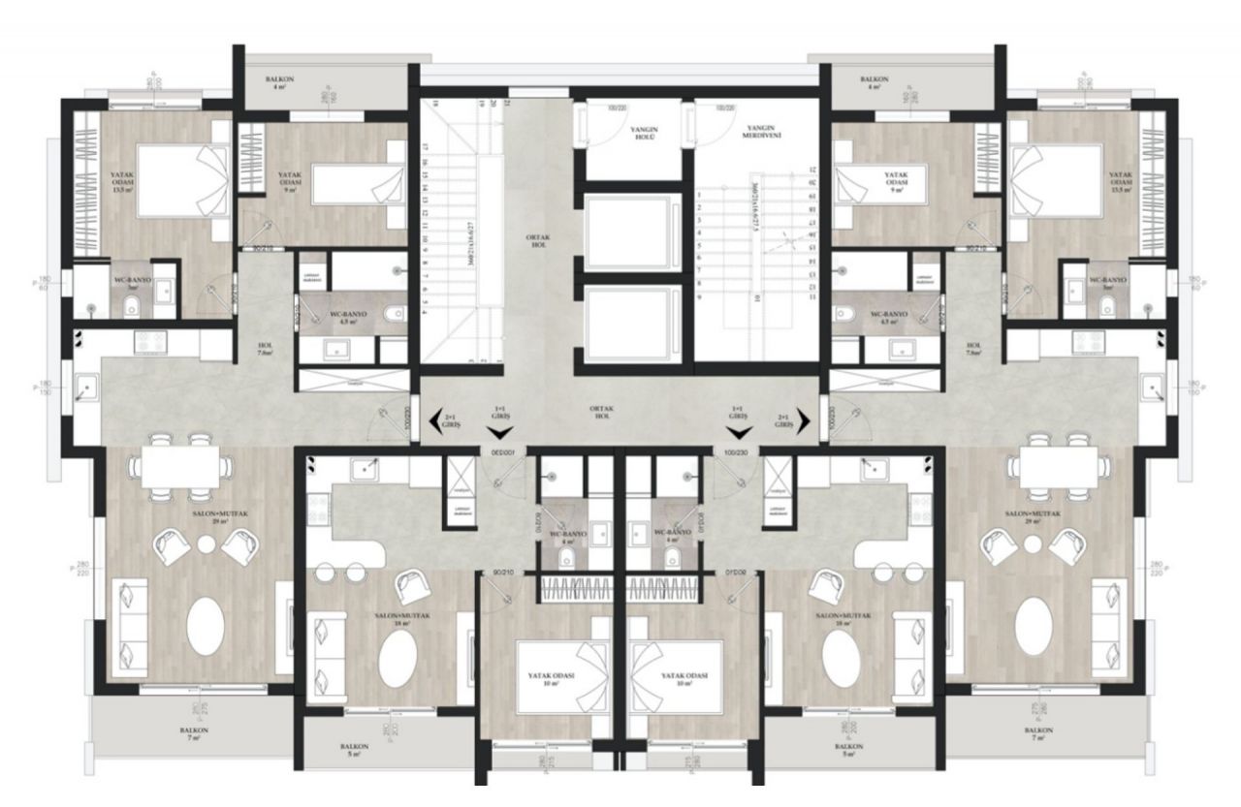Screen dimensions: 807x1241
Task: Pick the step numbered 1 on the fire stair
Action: point(699,195)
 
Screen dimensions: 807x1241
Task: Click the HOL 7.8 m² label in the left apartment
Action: point(264,349)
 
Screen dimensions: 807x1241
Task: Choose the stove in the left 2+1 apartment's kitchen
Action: point(152,340)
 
